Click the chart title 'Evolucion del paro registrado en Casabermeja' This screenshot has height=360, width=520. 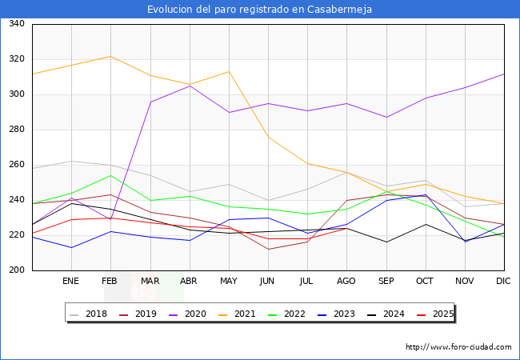[x=260, y=9]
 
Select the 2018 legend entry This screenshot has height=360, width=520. [x=90, y=314]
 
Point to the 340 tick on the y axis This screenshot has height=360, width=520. [x=16, y=24]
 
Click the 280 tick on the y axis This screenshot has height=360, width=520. [x=16, y=130]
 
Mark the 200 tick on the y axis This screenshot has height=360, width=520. [x=16, y=270]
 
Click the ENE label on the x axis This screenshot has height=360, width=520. [x=71, y=282]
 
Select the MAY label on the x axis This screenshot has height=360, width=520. [x=229, y=282]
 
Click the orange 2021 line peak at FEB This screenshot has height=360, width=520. [x=110, y=56]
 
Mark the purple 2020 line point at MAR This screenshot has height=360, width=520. [x=150, y=102]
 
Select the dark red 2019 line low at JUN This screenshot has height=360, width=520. [x=268, y=249]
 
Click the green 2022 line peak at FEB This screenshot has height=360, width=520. [x=110, y=175]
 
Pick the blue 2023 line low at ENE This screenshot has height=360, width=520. [x=71, y=247]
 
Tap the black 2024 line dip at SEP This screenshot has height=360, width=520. [x=386, y=242]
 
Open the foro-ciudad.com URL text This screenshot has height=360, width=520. [x=458, y=347]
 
